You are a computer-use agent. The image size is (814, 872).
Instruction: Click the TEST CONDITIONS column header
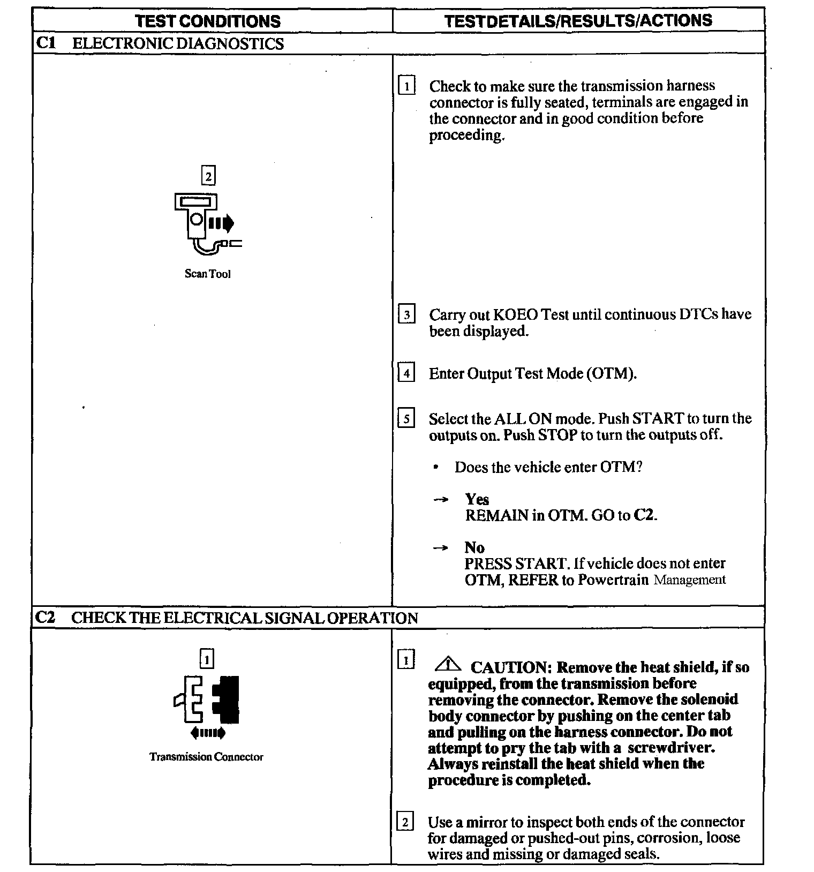(208, 21)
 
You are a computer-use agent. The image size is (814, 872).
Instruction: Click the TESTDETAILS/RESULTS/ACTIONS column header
(578, 20)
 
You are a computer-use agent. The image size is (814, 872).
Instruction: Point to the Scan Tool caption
(208, 274)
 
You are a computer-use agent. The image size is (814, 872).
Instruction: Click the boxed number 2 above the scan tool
(208, 176)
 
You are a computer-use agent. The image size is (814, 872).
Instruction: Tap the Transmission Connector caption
(206, 757)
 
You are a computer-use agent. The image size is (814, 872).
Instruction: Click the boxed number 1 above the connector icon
(207, 658)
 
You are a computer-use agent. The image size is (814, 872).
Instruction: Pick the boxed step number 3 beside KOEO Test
(406, 314)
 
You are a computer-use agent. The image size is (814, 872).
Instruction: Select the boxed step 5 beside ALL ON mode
(406, 418)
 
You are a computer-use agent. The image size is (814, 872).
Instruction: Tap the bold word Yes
(477, 499)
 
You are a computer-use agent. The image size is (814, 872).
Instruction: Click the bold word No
(474, 547)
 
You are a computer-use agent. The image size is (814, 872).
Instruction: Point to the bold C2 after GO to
(644, 515)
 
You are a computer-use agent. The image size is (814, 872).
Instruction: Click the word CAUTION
(510, 667)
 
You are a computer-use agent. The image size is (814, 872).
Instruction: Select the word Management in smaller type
(690, 580)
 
